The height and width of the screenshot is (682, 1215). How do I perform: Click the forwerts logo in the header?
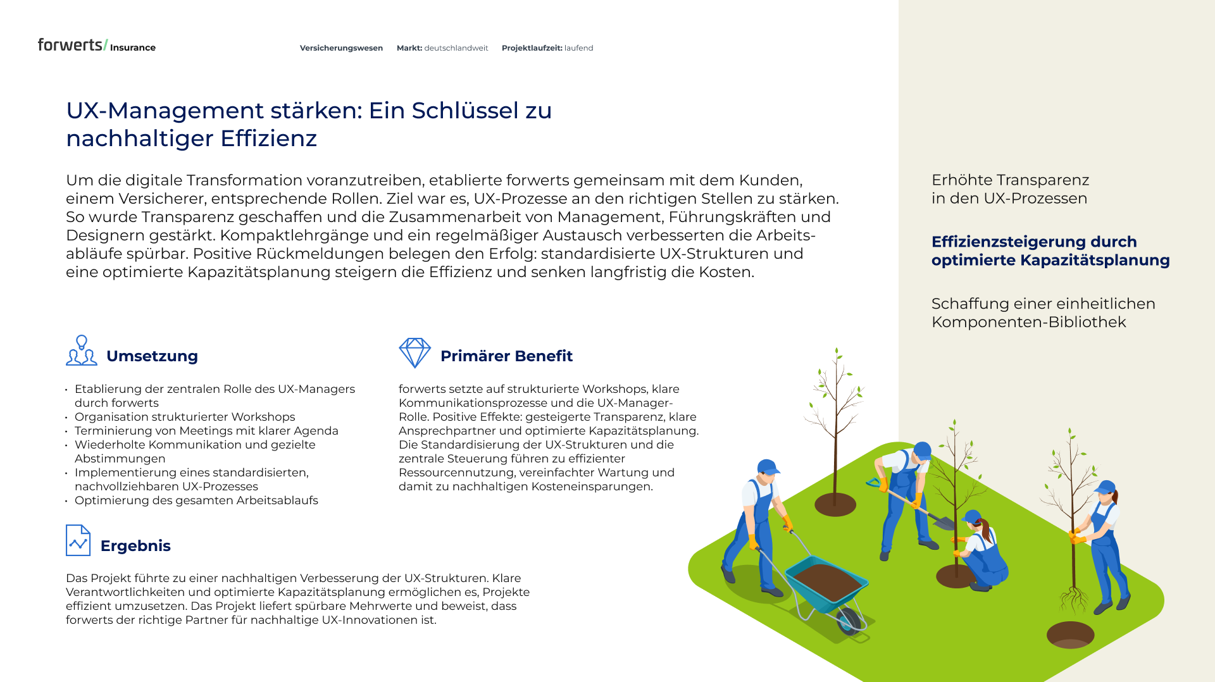point(71,45)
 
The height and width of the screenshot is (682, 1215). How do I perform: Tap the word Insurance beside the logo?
point(132,47)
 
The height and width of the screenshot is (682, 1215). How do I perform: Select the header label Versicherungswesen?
point(341,48)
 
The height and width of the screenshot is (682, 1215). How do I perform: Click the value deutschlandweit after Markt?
point(456,48)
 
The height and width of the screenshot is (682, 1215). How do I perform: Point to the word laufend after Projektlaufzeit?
point(578,48)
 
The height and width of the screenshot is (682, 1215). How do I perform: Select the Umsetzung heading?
point(152,356)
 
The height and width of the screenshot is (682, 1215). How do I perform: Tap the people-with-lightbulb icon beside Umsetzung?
point(82,350)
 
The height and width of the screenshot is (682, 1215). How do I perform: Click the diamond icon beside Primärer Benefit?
point(414,352)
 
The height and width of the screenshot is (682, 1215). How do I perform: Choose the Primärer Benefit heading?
point(506,356)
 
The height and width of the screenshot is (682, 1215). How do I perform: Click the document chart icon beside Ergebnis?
point(78,540)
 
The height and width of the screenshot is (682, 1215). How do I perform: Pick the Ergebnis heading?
point(135,546)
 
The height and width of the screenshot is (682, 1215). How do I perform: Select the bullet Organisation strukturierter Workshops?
point(185,417)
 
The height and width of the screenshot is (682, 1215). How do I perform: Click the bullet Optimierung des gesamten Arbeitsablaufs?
point(196,500)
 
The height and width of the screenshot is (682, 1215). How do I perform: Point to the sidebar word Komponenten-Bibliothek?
point(1028,322)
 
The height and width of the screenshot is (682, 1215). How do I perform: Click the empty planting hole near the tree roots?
point(1070,635)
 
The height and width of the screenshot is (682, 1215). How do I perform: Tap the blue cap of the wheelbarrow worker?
point(768,467)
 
